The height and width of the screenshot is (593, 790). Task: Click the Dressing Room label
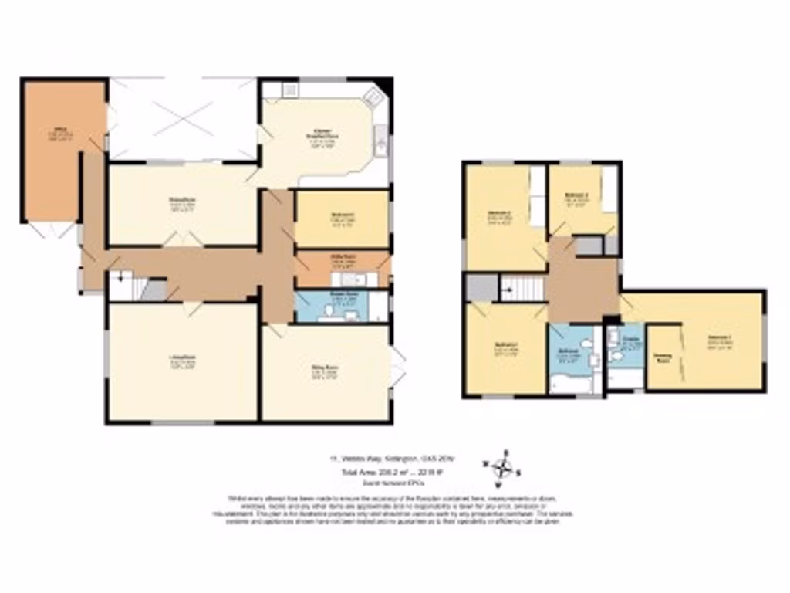(x=662, y=357)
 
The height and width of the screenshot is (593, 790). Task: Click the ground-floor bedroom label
(x=342, y=215)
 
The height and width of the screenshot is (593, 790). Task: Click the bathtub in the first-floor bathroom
(x=569, y=382)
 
